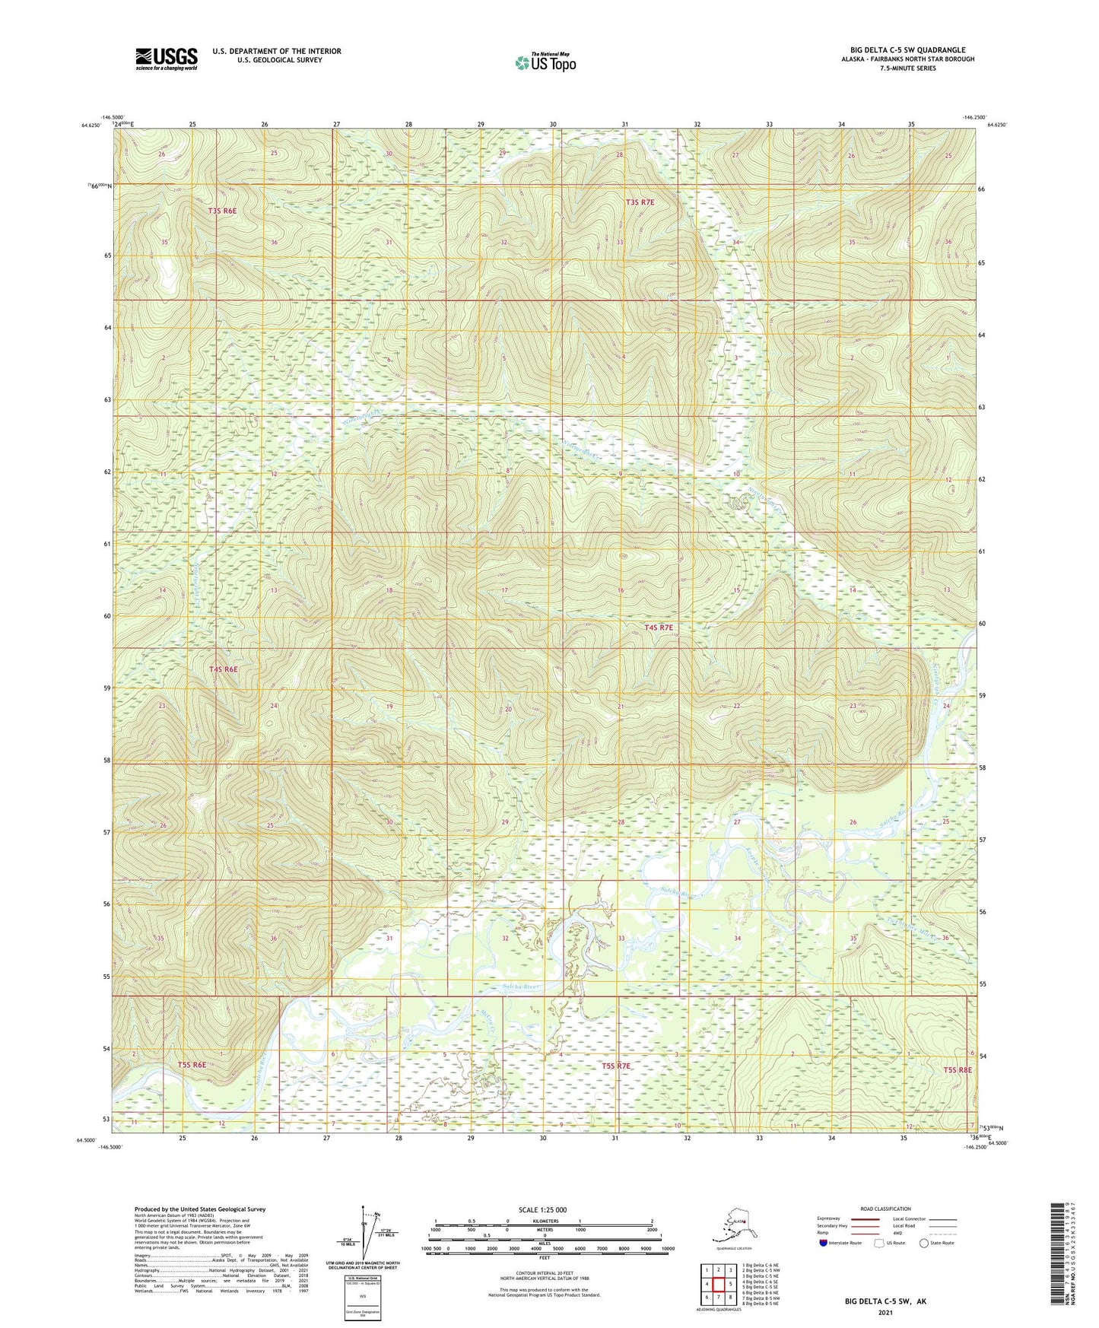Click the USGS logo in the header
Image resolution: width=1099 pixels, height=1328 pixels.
point(167,59)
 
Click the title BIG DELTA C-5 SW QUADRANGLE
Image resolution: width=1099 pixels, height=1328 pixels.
point(907,50)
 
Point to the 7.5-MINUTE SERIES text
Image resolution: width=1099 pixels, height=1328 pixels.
point(908,68)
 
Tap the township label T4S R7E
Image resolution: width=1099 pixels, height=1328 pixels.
point(659,627)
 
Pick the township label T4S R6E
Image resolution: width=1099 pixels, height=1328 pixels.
point(224,669)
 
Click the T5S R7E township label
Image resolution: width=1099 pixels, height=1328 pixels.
point(616,1066)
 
